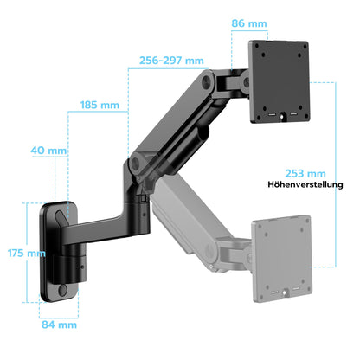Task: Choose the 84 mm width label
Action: point(60,325)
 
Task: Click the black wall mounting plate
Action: point(60,251)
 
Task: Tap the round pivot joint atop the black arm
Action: point(207,82)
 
